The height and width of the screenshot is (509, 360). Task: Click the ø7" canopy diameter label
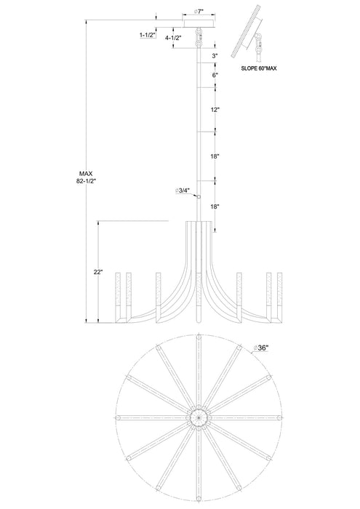199,12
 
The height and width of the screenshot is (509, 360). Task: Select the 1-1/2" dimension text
148,35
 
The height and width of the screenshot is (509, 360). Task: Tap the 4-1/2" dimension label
173,38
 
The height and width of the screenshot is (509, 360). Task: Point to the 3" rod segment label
215,55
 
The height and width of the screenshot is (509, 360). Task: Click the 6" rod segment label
215,75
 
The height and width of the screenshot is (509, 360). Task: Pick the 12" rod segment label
215,110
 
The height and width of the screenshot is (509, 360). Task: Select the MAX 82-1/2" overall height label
86,177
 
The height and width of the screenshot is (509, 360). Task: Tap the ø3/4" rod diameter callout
182,191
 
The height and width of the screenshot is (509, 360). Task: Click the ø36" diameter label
260,348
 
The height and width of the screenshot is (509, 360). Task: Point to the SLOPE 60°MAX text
259,68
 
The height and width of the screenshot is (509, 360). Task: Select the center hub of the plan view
199,417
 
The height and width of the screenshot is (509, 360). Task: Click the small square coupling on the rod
199,196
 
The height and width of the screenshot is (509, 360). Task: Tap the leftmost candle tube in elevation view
118,297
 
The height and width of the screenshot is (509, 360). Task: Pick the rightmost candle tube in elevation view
279,297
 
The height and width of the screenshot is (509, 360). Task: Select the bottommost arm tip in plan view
199,497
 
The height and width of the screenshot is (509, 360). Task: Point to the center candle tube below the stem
199,297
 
